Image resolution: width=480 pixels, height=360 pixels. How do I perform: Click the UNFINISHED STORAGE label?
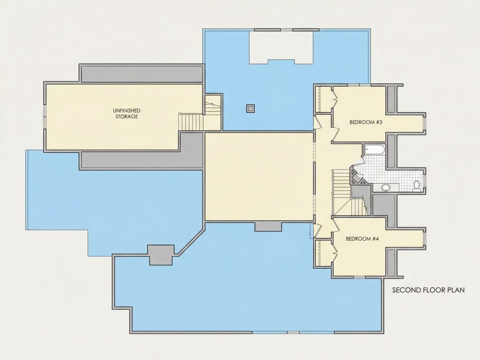[x=127, y=113]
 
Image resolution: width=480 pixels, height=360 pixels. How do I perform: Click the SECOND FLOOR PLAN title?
[x=428, y=290]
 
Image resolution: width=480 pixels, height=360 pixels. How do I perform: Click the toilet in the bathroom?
[x=417, y=185]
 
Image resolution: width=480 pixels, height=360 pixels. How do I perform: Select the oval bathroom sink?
[x=386, y=187]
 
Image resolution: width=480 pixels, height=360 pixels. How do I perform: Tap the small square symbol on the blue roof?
[x=250, y=108]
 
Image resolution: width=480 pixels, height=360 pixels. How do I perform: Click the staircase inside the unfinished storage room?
[x=191, y=122]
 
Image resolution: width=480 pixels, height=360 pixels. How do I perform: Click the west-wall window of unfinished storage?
[x=45, y=117]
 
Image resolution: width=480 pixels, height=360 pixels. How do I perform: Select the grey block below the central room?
[x=268, y=226]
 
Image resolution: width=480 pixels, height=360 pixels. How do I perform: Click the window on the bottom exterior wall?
[x=293, y=332]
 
